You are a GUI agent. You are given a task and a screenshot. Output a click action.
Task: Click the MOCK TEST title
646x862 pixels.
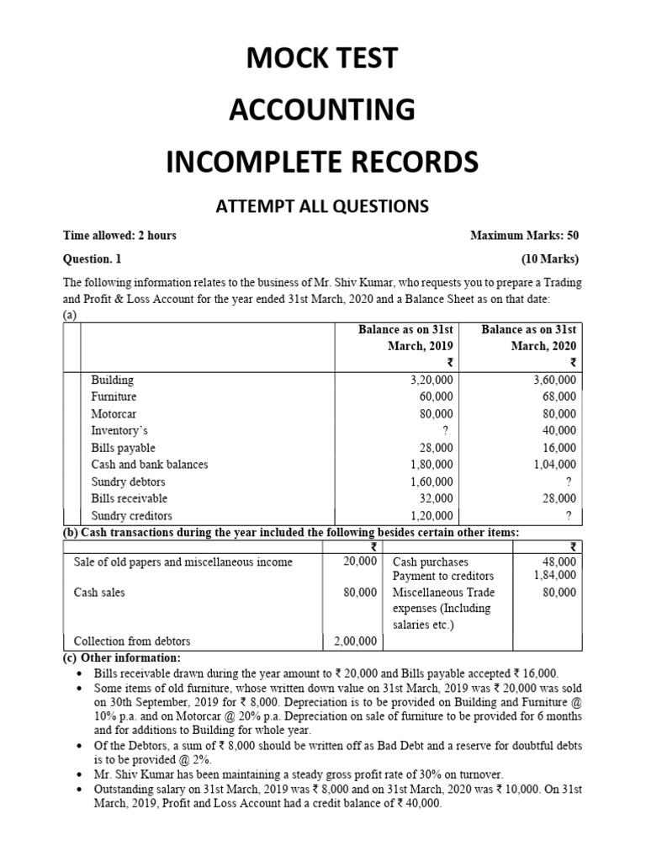(x=322, y=59)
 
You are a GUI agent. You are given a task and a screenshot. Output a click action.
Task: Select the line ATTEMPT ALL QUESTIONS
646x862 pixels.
(x=322, y=205)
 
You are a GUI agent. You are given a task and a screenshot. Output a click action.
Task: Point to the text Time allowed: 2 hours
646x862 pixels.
(x=120, y=236)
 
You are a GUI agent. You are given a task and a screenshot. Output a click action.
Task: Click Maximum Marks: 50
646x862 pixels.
(x=524, y=236)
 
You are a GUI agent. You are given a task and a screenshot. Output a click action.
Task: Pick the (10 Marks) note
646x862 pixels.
(x=550, y=259)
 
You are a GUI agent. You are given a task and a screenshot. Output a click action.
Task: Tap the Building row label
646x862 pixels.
(x=112, y=380)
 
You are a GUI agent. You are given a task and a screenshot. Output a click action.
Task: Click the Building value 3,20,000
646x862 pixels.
(x=431, y=380)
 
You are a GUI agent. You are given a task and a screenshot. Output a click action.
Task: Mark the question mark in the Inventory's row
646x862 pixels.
(x=451, y=431)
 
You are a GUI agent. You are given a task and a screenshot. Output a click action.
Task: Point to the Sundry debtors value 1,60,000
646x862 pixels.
(x=431, y=482)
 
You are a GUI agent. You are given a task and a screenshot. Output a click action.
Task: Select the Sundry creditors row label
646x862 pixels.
(x=131, y=516)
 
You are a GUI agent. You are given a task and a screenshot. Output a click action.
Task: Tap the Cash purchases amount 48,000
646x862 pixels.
(x=559, y=561)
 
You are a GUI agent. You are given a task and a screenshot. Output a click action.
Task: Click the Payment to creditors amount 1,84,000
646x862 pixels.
(x=555, y=575)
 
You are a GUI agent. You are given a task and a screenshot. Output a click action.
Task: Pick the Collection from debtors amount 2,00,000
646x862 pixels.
(x=355, y=641)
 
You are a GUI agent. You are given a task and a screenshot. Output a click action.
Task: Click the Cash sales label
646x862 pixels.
(x=99, y=593)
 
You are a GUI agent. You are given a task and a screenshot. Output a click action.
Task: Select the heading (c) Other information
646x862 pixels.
(x=122, y=657)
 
